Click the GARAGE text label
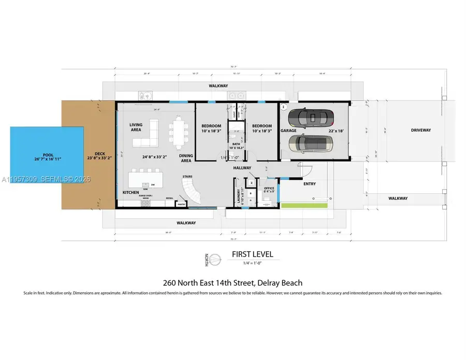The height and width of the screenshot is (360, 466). pyautogui.click(x=288, y=132)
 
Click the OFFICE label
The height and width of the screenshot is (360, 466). pyautogui.click(x=269, y=189)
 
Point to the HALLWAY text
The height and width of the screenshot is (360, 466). pyautogui.click(x=242, y=168)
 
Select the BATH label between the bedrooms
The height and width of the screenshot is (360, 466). pyautogui.click(x=236, y=145)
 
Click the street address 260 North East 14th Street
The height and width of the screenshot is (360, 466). pyautogui.click(x=232, y=283)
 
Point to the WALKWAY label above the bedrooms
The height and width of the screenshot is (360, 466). pyautogui.click(x=218, y=85)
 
